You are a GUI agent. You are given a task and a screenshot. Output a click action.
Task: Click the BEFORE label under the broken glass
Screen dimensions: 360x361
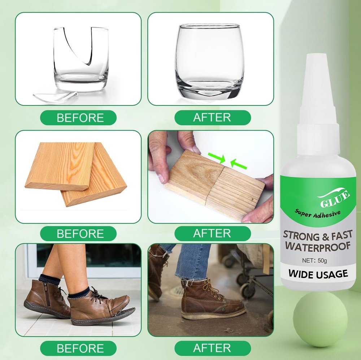[80, 118]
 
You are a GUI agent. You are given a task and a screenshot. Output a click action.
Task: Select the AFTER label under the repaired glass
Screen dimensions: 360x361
[212, 118]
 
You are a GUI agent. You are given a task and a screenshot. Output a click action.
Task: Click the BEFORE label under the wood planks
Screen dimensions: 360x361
[80, 233]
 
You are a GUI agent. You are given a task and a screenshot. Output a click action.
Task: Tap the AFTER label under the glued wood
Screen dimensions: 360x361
[212, 233]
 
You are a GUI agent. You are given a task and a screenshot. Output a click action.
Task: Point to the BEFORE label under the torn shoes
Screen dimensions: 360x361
[80, 348]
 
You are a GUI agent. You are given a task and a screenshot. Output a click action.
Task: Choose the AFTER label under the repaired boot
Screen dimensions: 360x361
[212, 348]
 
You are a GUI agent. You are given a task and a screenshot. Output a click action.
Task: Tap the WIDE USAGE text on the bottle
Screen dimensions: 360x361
[318, 274]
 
